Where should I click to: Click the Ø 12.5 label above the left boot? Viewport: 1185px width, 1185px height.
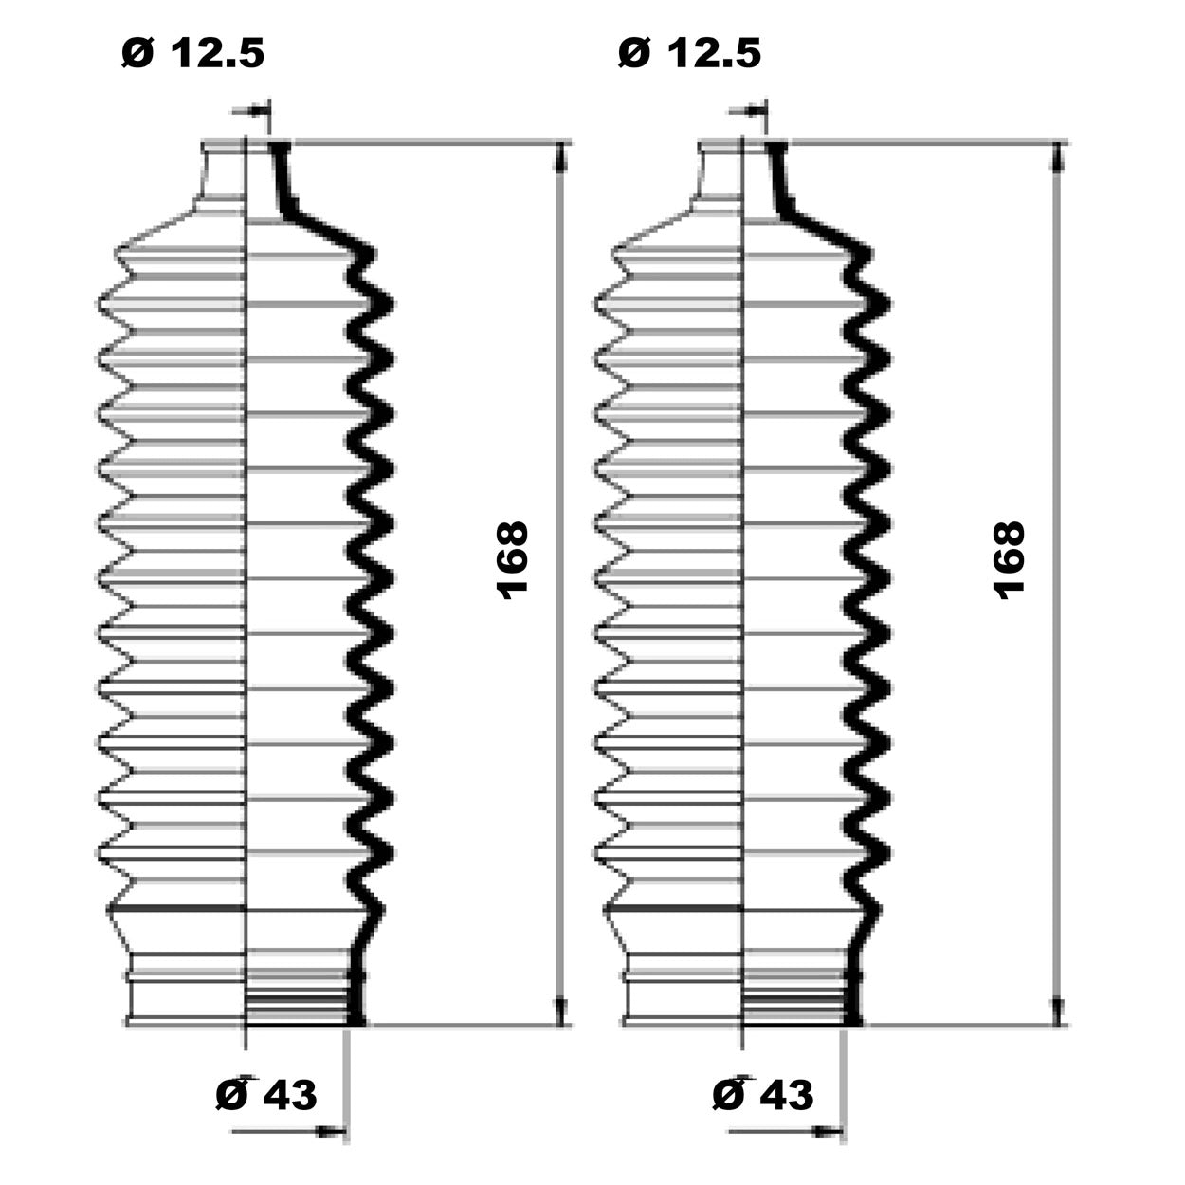pyautogui.click(x=193, y=53)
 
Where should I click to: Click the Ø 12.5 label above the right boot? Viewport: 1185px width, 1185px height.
pyautogui.click(x=689, y=53)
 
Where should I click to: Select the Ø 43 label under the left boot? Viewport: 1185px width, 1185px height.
pyautogui.click(x=266, y=1094)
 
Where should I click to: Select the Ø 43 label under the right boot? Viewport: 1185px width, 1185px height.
pyautogui.click(x=763, y=1094)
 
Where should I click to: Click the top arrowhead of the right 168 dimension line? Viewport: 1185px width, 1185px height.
pyautogui.click(x=1057, y=155)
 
